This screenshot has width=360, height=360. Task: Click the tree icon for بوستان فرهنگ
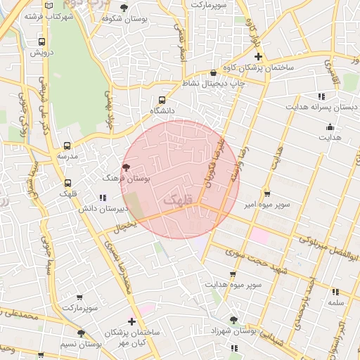[126, 167]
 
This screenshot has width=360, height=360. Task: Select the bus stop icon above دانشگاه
[163, 100]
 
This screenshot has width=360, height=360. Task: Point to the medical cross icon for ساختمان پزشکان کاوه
[258, 56]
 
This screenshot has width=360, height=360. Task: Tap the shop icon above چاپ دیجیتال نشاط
[214, 72]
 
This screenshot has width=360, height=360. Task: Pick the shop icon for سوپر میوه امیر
[267, 193]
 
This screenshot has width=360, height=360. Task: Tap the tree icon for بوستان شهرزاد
[233, 320]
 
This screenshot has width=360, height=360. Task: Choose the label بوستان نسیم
[81, 345]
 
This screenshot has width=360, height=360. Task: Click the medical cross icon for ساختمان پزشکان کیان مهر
[131, 321]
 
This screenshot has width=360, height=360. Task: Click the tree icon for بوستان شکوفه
[124, 8]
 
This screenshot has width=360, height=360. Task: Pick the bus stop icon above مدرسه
[67, 144]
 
